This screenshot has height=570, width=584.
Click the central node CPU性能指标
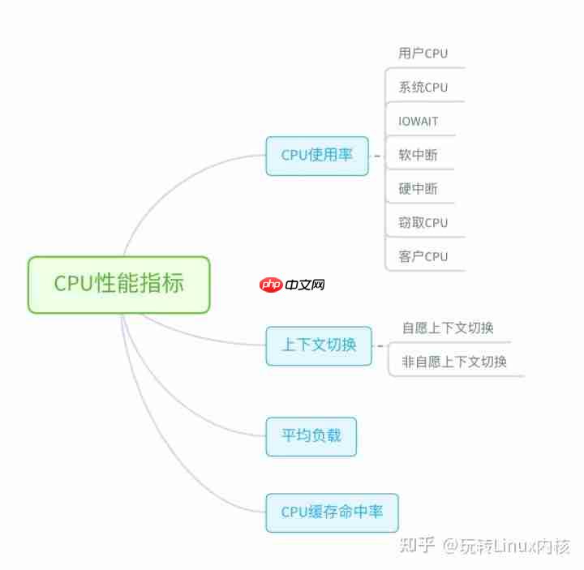pos(119,285)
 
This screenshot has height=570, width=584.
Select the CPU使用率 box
pos(317,156)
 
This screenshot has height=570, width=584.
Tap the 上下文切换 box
pos(319,346)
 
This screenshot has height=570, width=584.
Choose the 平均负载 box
pos(311,436)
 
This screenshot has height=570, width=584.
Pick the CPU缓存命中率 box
pos(333,512)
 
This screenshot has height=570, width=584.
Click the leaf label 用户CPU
pos(423,54)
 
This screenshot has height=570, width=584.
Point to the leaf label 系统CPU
pos(423,87)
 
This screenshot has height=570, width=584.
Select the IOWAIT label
pos(418,121)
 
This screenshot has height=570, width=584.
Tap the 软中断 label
pos(418,155)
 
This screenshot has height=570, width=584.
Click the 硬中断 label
pos(418,189)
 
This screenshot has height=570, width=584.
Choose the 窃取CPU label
pos(423,223)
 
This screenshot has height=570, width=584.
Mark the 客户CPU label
pos(423,256)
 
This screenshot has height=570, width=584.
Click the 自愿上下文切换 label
pos(448,328)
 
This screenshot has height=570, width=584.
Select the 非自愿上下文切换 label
pos(454,362)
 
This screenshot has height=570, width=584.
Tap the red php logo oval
pos(271,285)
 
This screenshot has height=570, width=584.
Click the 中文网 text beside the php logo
pos(305,285)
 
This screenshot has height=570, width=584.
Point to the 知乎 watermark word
pos(417,546)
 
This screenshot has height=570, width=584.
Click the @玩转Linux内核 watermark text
pos(506,546)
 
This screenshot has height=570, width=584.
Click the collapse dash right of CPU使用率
pos(377,156)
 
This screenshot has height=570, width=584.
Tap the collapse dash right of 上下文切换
pos(380,346)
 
